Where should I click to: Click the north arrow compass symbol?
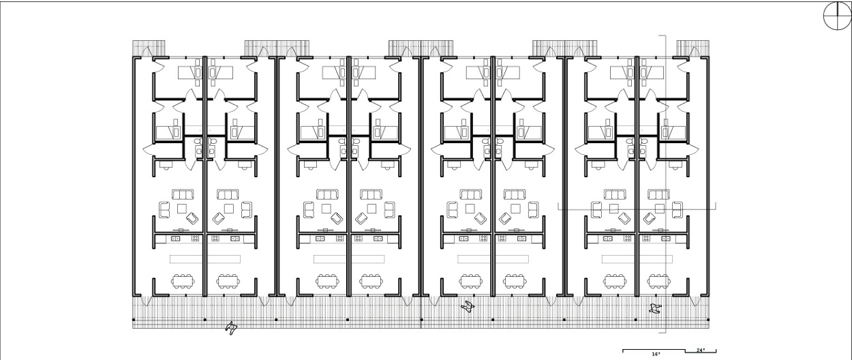(x=837, y=16)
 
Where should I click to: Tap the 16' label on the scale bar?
(x=656, y=354)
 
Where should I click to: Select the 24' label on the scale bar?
(x=701, y=350)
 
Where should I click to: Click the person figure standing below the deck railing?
(x=231, y=328)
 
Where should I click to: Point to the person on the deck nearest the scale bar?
(x=655, y=308)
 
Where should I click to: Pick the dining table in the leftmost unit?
(x=183, y=282)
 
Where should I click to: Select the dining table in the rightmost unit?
(x=660, y=282)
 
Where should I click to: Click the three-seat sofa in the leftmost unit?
(x=183, y=194)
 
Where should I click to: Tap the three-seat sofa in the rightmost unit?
(x=659, y=194)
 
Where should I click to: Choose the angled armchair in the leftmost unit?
(x=192, y=218)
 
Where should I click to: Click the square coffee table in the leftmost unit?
(x=182, y=209)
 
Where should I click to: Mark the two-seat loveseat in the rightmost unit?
(x=677, y=210)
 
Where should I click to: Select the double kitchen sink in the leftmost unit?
(x=176, y=239)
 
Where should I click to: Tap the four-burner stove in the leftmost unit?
(x=195, y=239)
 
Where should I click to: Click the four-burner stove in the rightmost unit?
(x=646, y=239)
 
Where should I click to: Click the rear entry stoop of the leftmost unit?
(x=149, y=48)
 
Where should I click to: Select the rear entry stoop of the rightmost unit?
(x=693, y=48)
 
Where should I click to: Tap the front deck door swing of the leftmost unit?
(x=147, y=301)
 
